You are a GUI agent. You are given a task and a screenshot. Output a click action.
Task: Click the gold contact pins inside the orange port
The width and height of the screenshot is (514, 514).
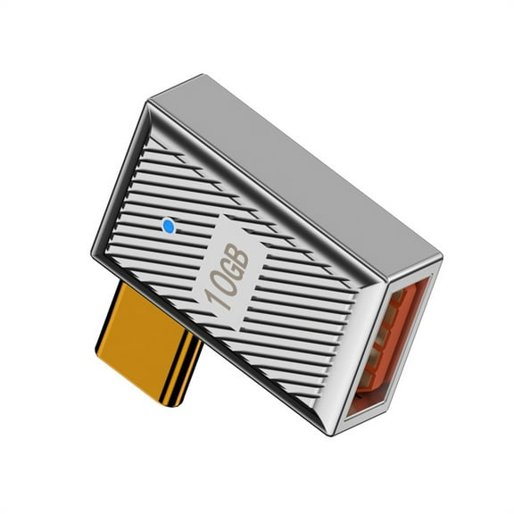[x=382, y=339]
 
